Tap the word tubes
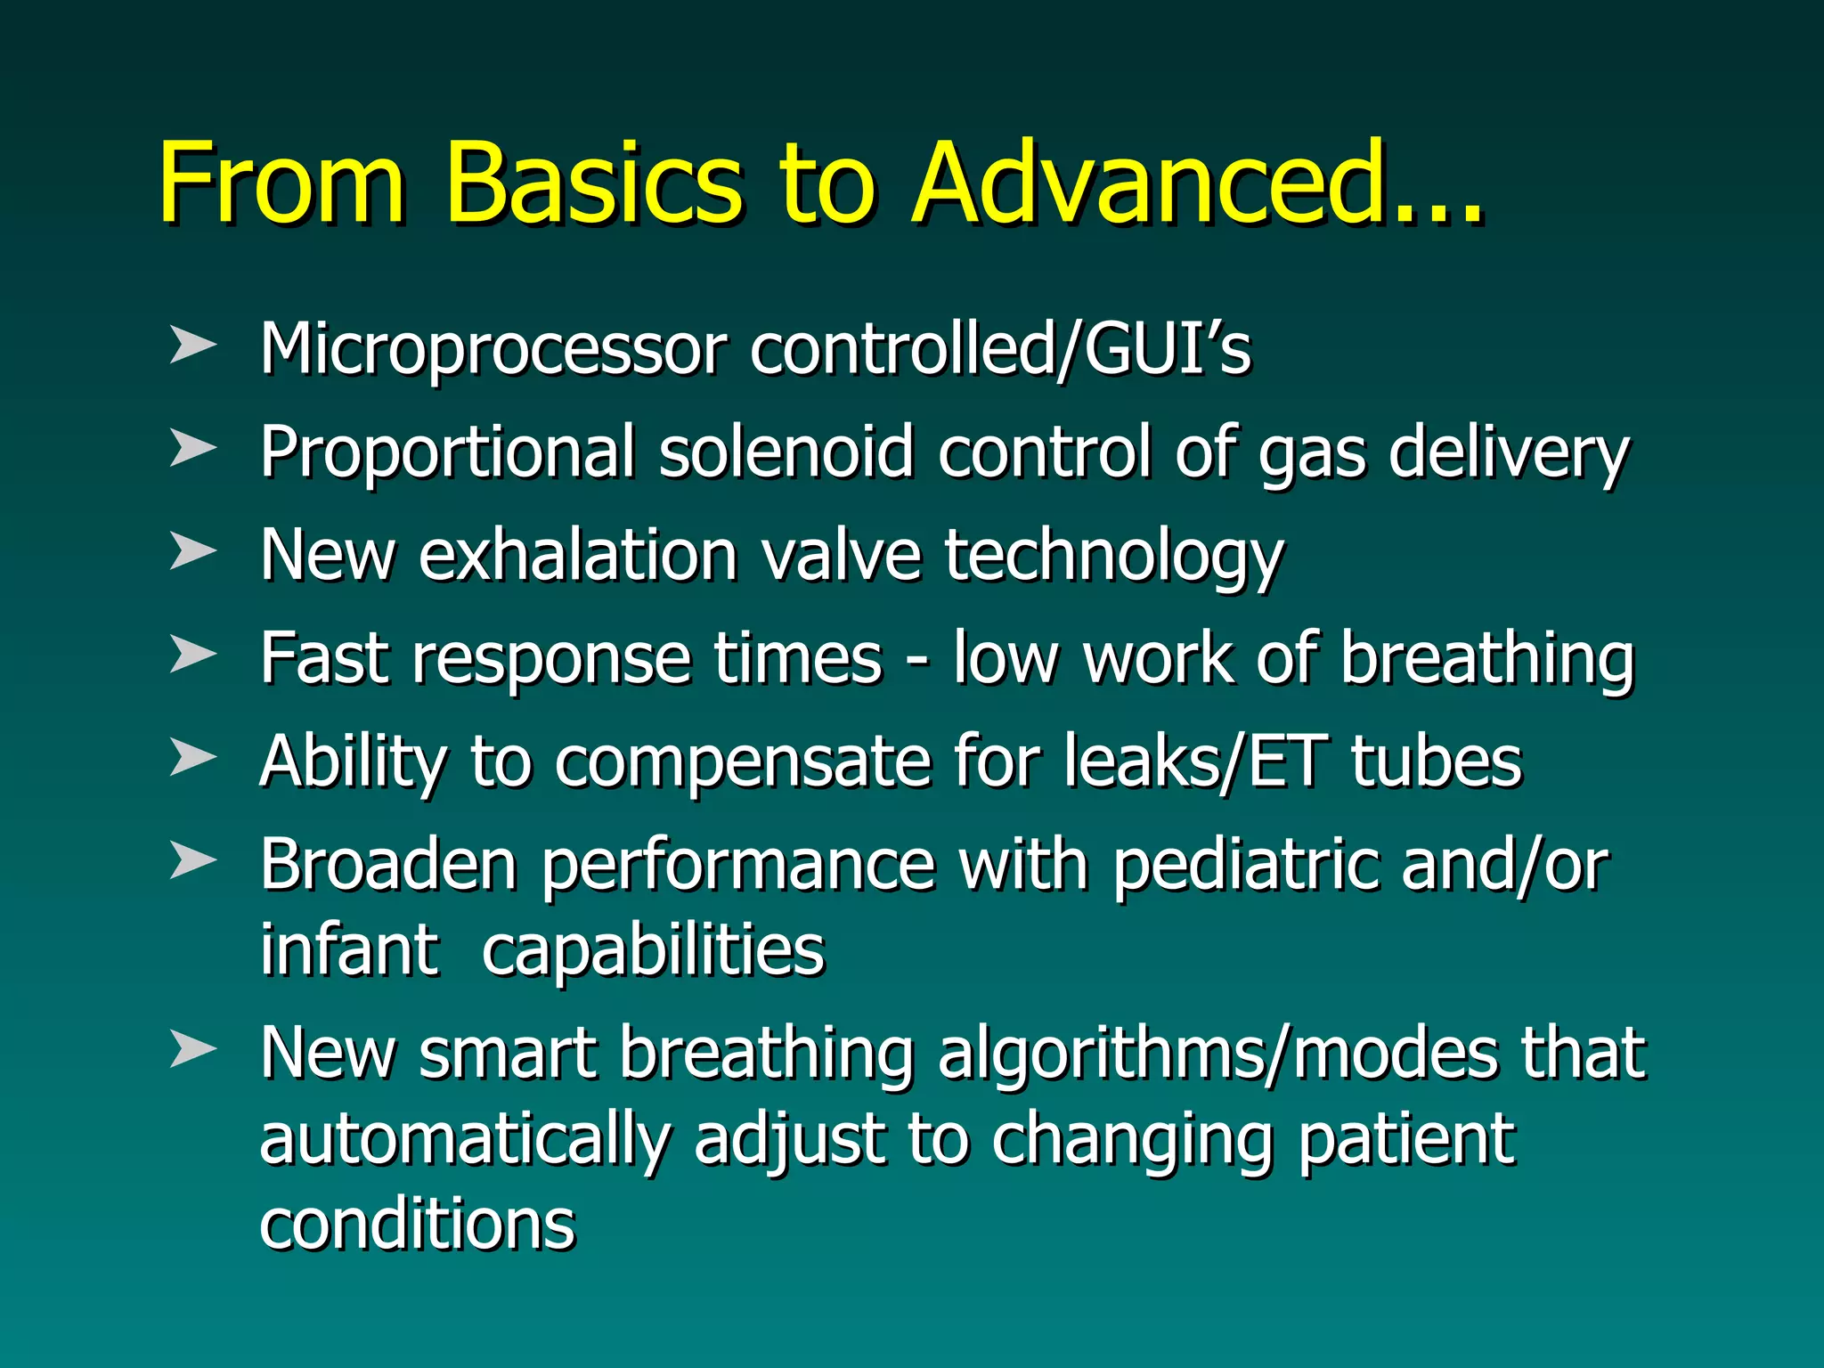coord(1436,761)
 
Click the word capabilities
coord(653,951)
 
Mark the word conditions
coord(417,1225)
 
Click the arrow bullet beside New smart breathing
coord(192,1048)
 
